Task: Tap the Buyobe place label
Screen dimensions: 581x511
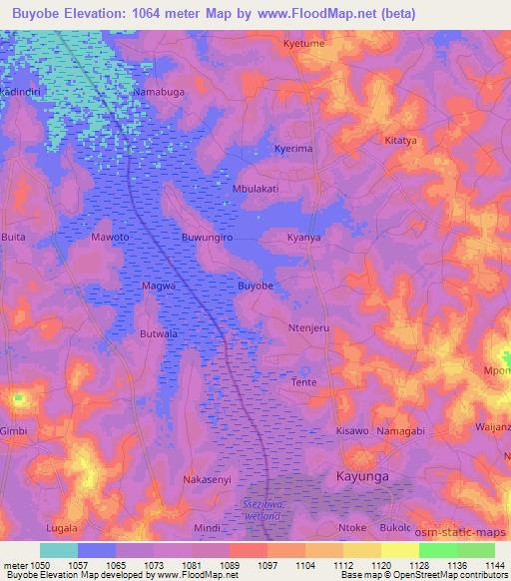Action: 255,286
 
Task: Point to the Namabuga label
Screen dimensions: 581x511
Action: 160,91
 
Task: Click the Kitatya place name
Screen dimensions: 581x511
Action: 401,141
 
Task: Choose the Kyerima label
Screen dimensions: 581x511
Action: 294,149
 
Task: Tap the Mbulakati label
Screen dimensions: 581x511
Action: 255,188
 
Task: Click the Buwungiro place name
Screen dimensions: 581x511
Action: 207,239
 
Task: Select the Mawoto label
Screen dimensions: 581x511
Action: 111,239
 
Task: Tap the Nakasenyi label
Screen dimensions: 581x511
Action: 207,479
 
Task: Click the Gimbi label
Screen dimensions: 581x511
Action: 14,430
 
